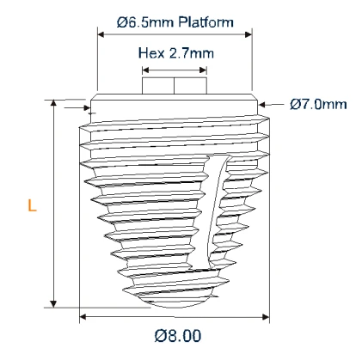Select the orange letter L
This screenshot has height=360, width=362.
[x=32, y=207]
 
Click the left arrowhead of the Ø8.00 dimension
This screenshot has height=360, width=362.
[x=83, y=316]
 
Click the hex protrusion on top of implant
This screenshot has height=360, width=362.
[x=175, y=86]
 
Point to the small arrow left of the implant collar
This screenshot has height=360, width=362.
[x=87, y=109]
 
